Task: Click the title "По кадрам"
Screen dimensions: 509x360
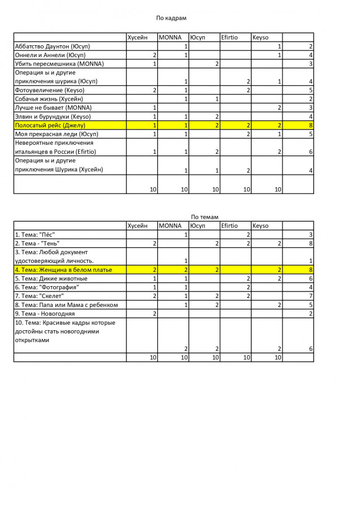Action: point(171,18)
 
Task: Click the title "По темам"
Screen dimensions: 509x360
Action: point(204,217)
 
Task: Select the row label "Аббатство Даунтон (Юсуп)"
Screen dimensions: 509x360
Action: point(52,46)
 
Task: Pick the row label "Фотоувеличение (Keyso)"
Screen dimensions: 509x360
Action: point(49,90)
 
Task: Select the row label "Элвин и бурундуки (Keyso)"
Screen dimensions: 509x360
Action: point(53,117)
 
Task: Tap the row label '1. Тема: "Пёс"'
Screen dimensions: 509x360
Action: point(35,235)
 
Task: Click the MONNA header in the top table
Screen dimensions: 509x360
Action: point(170,37)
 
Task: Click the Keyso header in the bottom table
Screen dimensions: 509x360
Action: point(260,226)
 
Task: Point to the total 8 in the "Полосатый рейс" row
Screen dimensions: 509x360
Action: point(311,125)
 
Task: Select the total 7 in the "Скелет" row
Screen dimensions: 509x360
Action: point(311,296)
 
